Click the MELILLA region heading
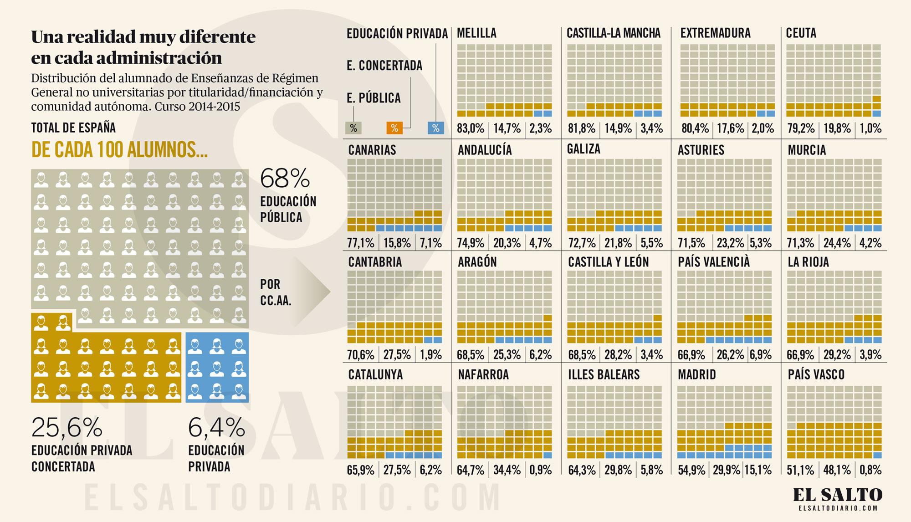(476, 33)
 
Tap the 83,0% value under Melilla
(471, 128)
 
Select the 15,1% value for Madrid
(758, 470)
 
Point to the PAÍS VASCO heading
(816, 374)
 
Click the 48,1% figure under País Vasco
(837, 470)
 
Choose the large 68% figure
(285, 178)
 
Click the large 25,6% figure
(67, 427)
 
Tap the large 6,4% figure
(216, 427)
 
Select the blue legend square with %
(436, 128)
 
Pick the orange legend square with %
(394, 128)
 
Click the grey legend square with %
(353, 128)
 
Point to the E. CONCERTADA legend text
(384, 66)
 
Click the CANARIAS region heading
(372, 150)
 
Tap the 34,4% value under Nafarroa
(507, 470)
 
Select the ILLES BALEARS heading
(604, 374)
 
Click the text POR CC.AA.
(276, 292)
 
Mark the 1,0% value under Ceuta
(870, 128)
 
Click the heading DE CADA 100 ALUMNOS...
(119, 149)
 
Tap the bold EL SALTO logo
(838, 495)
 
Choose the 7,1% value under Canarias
(431, 243)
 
